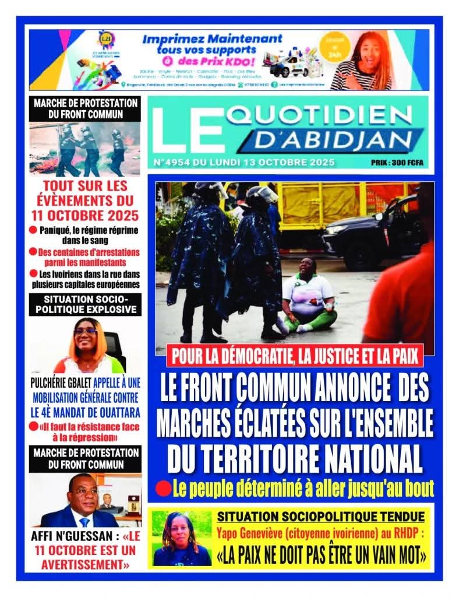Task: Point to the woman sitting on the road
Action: [308, 297]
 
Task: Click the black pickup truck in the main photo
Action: [373, 230]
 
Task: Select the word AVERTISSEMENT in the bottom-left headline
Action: [84, 564]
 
